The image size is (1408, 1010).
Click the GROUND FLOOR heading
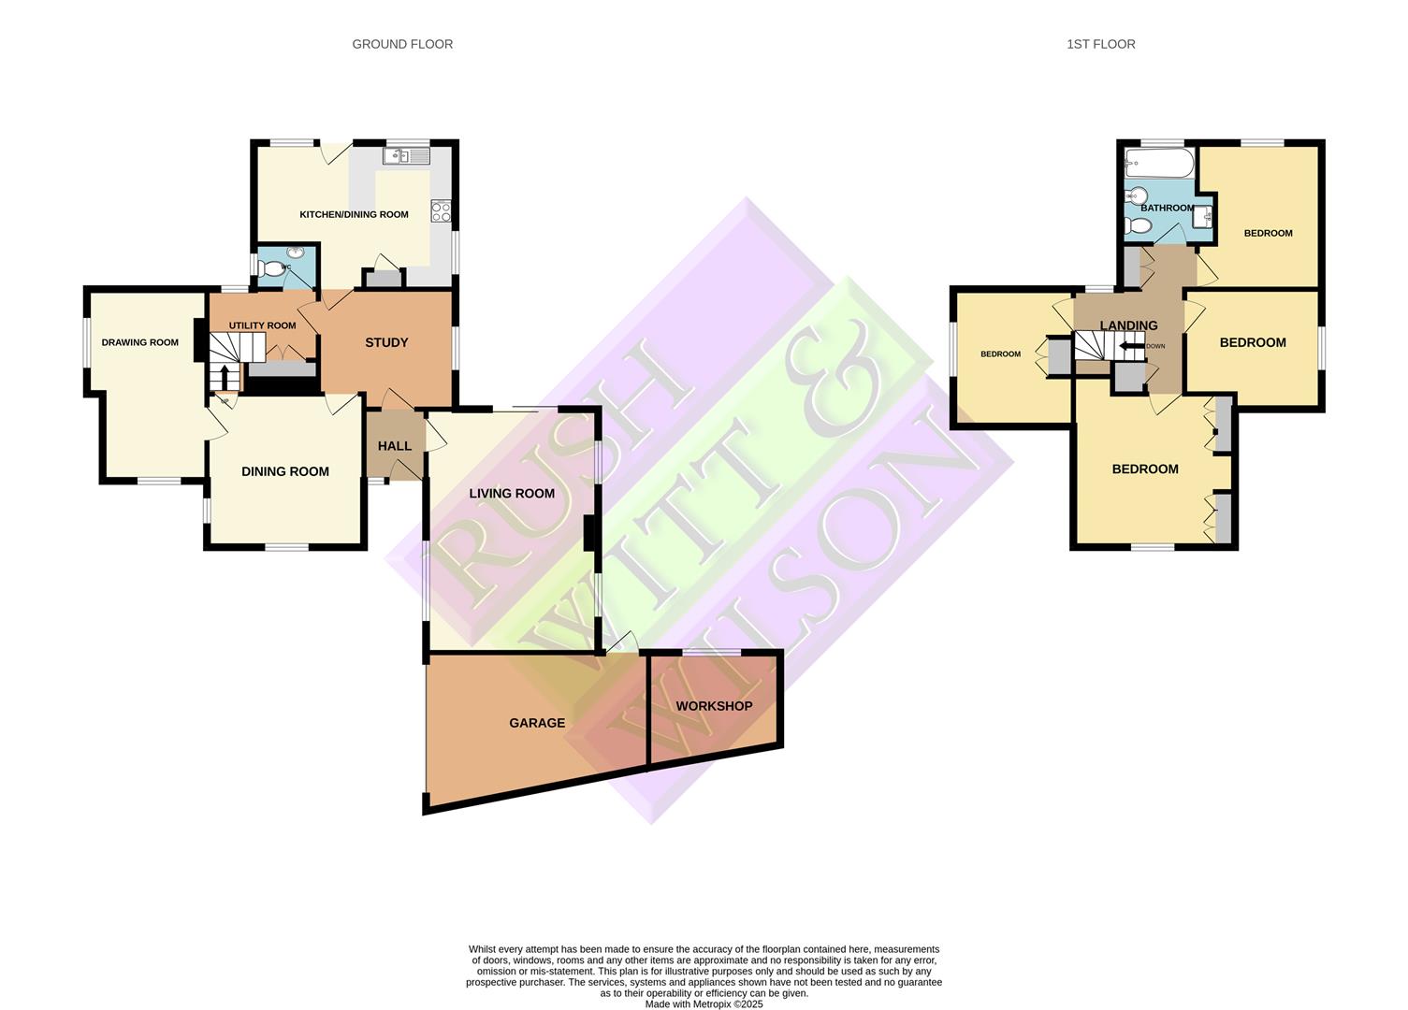click(402, 44)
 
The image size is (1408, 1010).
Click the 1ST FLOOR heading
click(1100, 44)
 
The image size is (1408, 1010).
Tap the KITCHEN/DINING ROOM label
click(354, 214)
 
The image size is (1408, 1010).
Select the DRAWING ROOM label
click(140, 342)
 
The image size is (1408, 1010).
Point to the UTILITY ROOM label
click(262, 325)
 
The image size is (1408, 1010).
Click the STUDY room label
click(386, 342)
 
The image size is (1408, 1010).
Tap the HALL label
click(395, 446)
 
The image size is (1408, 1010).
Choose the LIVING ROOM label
click(512, 493)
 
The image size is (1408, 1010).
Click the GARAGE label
click(537, 723)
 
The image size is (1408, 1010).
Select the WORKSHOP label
click(714, 706)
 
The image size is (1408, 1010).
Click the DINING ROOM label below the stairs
click(285, 471)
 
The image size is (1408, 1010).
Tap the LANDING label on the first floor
click(1128, 325)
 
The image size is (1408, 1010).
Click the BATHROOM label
click(1167, 208)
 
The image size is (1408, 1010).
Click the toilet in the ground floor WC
click(272, 269)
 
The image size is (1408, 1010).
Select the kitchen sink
click(406, 156)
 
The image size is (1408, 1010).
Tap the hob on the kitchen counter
click(441, 211)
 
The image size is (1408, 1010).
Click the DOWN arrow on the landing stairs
click(1135, 346)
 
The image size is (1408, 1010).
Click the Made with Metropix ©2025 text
click(704, 1004)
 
